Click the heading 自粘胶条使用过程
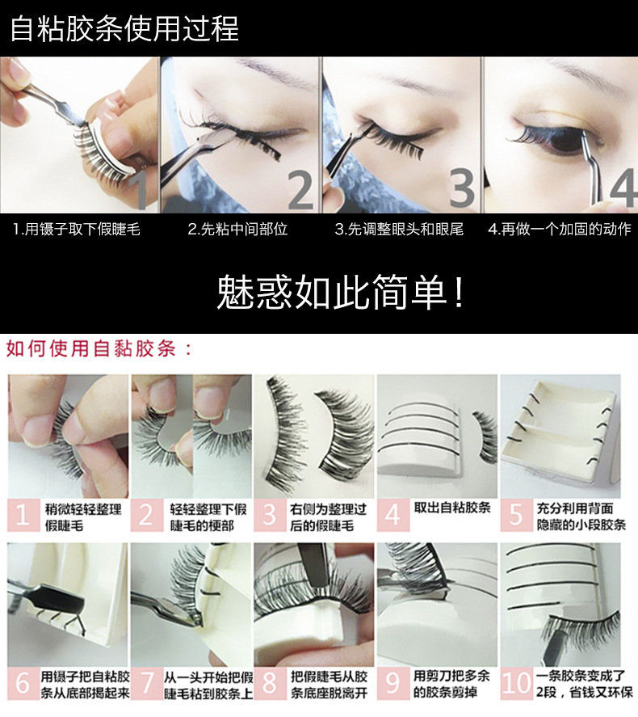pyautogui.click(x=124, y=29)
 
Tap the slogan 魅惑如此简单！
pyautogui.click(x=340, y=292)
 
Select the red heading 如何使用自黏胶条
pyautogui.click(x=99, y=348)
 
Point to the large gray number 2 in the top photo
pyautogui.click(x=301, y=190)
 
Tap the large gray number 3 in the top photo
pyautogui.click(x=462, y=188)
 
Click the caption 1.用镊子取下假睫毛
pyautogui.click(x=76, y=229)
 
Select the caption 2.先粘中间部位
pyautogui.click(x=237, y=229)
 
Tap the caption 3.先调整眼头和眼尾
pyautogui.click(x=399, y=229)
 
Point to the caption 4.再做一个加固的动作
pyautogui.click(x=560, y=229)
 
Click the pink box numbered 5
pyautogui.click(x=516, y=516)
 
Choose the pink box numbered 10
pyautogui.click(x=516, y=684)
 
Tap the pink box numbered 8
pyautogui.click(x=270, y=684)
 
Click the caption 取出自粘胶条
pyautogui.click(x=452, y=508)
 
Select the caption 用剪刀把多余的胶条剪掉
pyautogui.click(x=451, y=684)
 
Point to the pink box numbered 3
pyautogui.click(x=270, y=516)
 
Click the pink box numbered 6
pyautogui.click(x=23, y=684)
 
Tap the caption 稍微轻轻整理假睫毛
pyautogui.click(x=83, y=517)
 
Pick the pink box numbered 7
pyautogui.click(x=147, y=684)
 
